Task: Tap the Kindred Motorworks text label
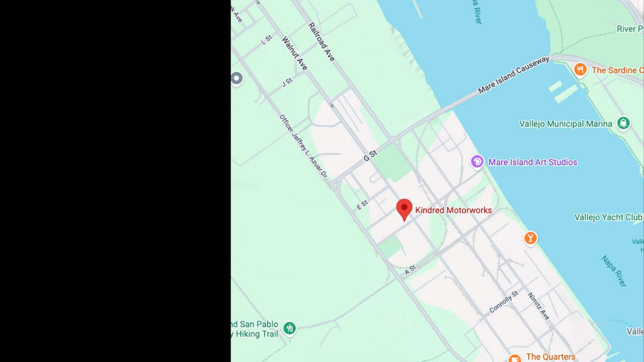(453, 210)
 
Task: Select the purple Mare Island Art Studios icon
(477, 162)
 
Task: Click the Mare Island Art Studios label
(533, 162)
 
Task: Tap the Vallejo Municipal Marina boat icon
(623, 123)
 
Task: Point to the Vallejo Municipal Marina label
(566, 124)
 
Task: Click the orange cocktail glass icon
(530, 238)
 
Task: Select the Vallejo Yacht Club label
(608, 217)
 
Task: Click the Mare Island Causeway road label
(514, 75)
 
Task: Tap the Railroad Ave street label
(321, 42)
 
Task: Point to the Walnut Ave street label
(294, 53)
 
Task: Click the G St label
(370, 156)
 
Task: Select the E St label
(362, 205)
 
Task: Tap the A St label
(411, 269)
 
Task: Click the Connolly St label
(504, 302)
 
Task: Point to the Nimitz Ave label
(538, 306)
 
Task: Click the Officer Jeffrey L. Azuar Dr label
(303, 146)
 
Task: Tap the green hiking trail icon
(289, 329)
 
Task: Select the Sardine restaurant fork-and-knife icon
(581, 69)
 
